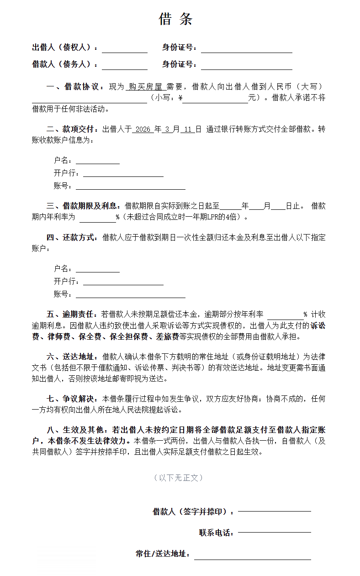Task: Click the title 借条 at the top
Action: point(176,19)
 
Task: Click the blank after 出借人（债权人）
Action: point(124,48)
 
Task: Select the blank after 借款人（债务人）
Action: point(124,65)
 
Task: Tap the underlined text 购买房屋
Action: point(145,86)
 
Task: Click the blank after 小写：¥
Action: point(215,98)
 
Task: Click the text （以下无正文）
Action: point(178,478)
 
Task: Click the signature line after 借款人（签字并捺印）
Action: point(274,512)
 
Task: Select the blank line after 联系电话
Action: point(274,533)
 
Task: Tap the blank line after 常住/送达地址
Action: point(252,554)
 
